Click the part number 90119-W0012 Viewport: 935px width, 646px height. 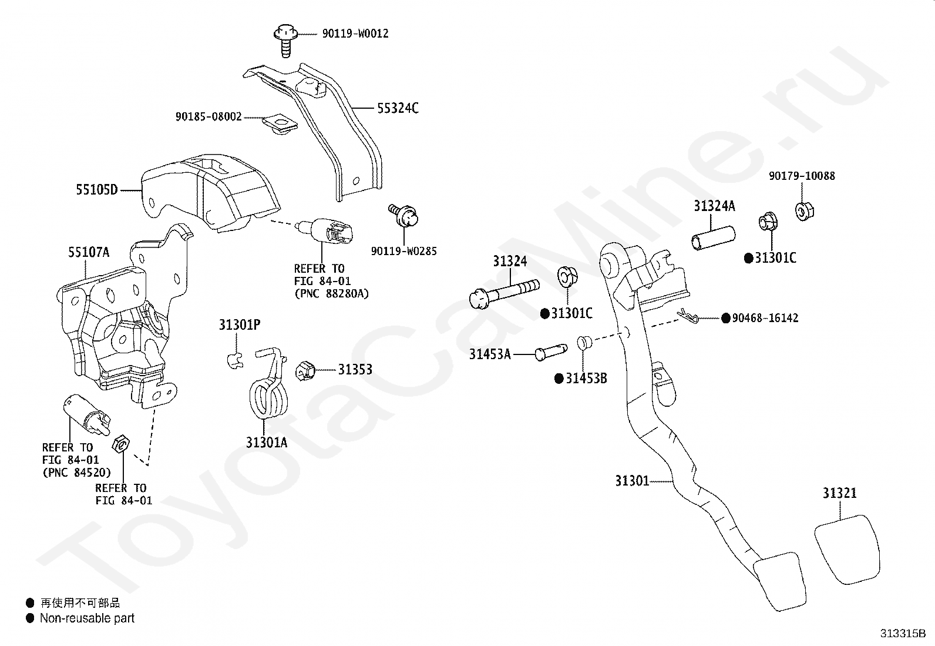tap(355, 34)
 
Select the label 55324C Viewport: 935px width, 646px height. tap(398, 108)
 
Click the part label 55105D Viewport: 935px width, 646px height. tap(96, 190)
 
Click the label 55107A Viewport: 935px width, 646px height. tap(89, 253)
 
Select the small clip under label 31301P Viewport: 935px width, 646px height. tap(234, 359)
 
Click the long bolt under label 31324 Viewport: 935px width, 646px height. tap(505, 292)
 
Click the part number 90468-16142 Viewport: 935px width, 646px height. tap(765, 318)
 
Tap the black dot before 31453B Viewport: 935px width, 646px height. tap(559, 379)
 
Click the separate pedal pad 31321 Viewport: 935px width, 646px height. tap(847, 549)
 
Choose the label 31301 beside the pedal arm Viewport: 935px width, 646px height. tap(632, 481)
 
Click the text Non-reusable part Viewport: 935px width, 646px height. tap(87, 618)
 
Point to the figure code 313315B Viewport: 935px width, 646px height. tap(902, 634)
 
